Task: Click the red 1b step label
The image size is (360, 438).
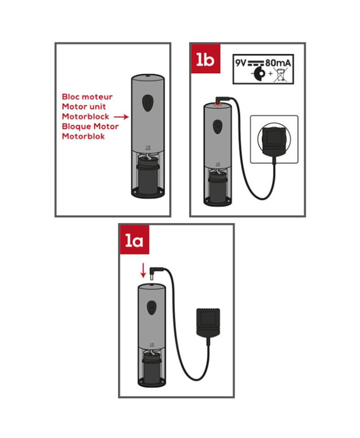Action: coord(205,59)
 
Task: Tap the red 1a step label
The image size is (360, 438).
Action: coord(134,239)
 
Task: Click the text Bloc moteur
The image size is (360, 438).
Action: coord(87,97)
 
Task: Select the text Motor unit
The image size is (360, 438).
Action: coord(84,107)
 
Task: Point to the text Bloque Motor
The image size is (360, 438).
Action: coord(90,126)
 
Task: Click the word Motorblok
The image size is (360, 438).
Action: coord(83,136)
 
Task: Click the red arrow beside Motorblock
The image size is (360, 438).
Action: coord(121,117)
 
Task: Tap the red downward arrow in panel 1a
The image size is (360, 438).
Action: coord(143,270)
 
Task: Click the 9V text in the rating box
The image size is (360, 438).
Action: coord(240,63)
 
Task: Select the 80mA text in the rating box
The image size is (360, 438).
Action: coord(278,63)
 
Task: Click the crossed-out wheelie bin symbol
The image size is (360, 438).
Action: coord(281,74)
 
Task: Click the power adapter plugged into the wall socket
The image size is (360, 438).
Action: coord(274,139)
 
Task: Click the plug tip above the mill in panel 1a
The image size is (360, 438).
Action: coord(152,277)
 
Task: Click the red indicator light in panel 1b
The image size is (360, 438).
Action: coord(217,104)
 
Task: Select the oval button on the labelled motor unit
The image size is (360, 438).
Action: coord(147,103)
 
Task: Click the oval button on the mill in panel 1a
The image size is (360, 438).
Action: coord(152,308)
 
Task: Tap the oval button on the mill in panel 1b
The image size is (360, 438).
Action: coord(217,127)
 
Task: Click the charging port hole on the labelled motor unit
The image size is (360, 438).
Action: coord(148,76)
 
